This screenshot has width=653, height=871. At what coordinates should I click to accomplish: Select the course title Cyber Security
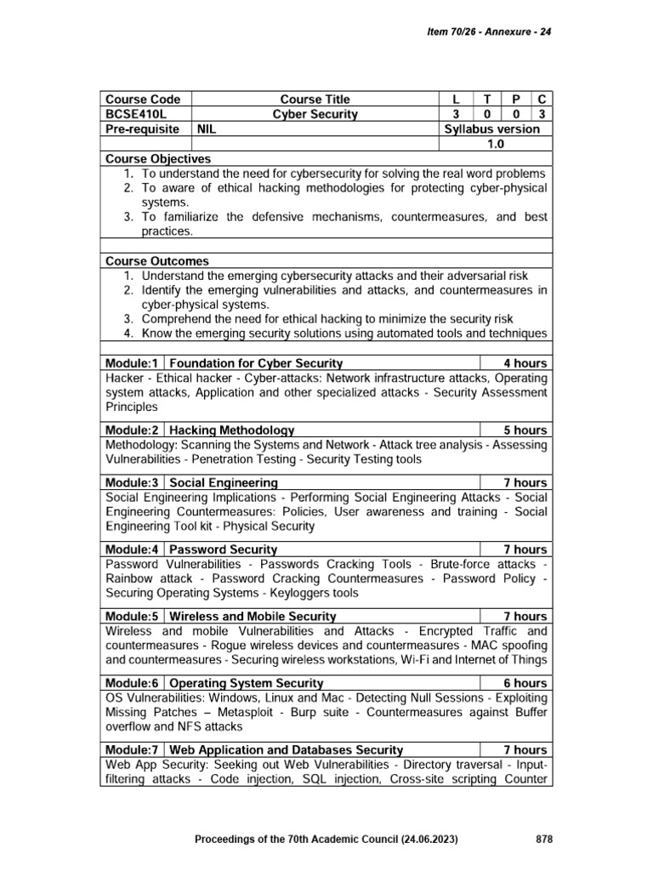coord(315,114)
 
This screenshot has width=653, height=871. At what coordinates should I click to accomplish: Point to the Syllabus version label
coord(491,129)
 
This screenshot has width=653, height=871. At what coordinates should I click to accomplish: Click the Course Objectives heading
coord(157,159)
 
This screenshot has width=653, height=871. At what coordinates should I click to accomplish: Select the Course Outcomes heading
coord(156,261)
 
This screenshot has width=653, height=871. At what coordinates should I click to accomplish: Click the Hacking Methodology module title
coord(232,430)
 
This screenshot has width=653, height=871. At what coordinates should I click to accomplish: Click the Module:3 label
coord(131,482)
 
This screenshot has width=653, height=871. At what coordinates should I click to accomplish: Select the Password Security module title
coord(224,549)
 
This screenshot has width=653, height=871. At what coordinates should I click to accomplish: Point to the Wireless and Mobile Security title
coord(253,616)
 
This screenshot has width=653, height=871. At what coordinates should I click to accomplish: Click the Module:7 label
coord(131,749)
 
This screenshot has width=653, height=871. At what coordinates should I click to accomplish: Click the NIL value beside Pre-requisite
coord(207,129)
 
